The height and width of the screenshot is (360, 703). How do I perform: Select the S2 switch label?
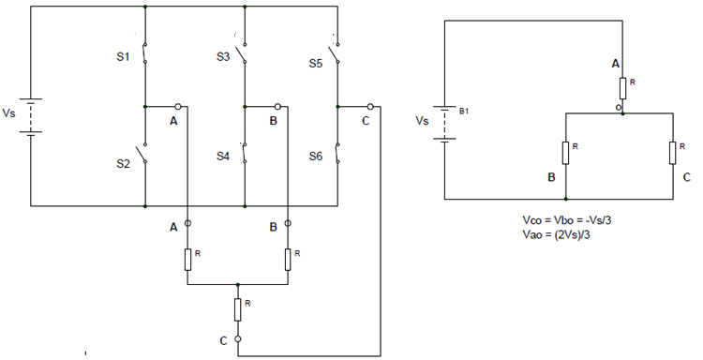tap(124, 163)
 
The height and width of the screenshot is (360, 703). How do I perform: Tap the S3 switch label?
tap(223, 57)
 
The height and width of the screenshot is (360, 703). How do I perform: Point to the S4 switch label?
tap(222, 157)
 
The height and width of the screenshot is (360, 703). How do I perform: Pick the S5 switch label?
tap(317, 64)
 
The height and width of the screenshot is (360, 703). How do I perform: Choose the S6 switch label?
tap(317, 157)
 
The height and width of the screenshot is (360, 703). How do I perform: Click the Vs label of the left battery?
tap(9, 113)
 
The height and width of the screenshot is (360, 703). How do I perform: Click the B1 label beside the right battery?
tap(463, 111)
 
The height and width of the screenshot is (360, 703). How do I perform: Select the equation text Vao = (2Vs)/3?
tap(562, 235)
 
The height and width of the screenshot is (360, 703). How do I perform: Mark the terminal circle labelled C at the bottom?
tap(238, 339)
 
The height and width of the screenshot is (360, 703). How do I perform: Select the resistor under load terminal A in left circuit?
tap(187, 259)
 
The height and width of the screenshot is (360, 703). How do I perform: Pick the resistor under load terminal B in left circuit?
tap(287, 259)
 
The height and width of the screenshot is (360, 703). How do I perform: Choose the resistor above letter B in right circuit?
tap(565, 152)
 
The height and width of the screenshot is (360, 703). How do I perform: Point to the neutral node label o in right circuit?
tap(618, 107)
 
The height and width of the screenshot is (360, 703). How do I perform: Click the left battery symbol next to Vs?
tap(31, 116)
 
